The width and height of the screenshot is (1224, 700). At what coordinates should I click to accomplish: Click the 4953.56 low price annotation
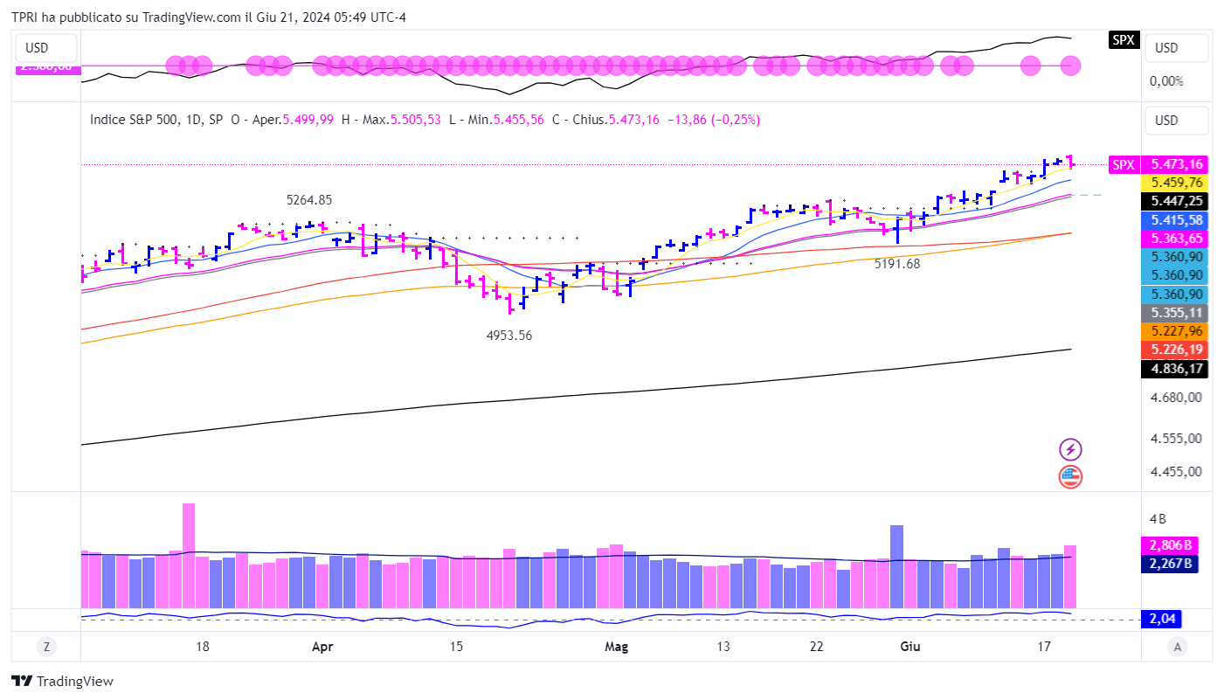(509, 336)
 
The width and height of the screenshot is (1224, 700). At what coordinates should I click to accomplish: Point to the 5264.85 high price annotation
(309, 200)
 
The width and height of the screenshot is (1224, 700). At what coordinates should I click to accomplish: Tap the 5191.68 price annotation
(897, 263)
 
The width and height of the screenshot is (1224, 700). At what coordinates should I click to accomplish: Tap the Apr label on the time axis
(322, 648)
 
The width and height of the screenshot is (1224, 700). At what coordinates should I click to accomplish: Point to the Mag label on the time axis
(617, 648)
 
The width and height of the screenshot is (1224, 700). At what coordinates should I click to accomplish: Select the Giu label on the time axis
(909, 648)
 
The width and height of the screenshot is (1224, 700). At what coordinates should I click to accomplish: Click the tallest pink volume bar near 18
(189, 555)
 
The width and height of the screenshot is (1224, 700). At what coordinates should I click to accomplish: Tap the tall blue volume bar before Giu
(896, 565)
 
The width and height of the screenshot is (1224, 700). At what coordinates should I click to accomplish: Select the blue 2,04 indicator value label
(1164, 620)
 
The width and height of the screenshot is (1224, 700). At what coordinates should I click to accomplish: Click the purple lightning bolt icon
(1070, 450)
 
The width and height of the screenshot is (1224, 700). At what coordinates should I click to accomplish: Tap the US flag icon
(1070, 477)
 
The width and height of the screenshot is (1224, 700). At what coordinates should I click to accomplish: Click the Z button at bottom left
(46, 647)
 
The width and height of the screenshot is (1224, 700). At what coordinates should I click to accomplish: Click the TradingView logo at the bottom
(63, 682)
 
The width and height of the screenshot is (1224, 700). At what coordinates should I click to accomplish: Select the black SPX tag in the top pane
(1123, 39)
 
